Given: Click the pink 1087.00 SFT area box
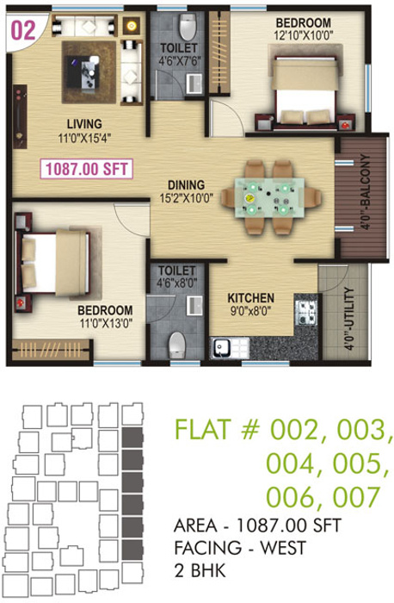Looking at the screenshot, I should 85,169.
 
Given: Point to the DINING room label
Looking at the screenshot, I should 186,183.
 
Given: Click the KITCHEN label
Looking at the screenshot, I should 251,297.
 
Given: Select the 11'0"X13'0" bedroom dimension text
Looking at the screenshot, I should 105,322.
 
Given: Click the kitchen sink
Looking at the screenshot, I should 224,348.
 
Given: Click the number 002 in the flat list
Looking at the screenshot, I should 298,427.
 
